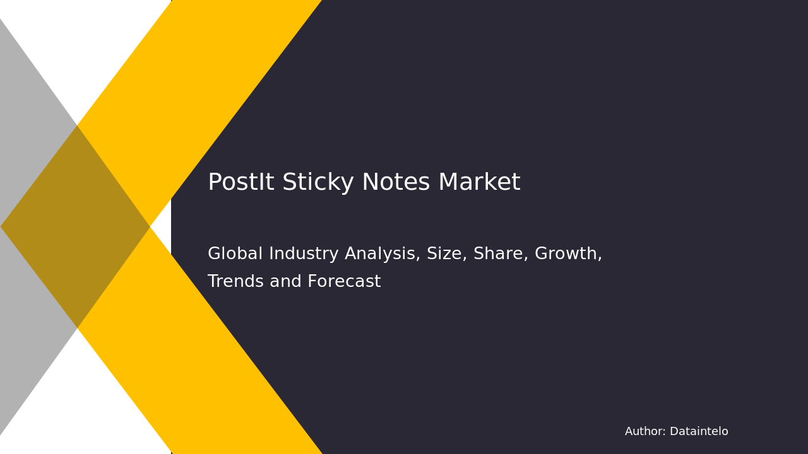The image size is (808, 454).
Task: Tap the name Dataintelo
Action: pyautogui.click(x=699, y=432)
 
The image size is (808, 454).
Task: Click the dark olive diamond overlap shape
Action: pyautogui.click(x=76, y=226)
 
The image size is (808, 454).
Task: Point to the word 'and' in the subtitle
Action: pyautogui.click(x=286, y=282)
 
